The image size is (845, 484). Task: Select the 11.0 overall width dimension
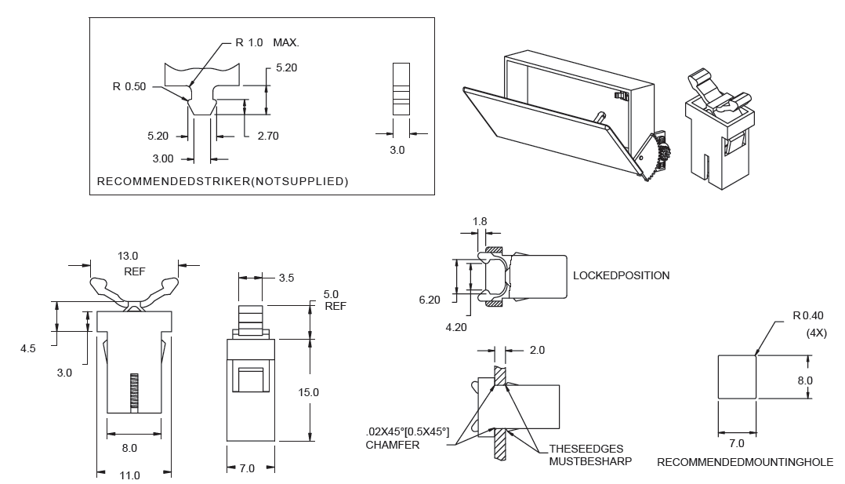pyautogui.click(x=129, y=475)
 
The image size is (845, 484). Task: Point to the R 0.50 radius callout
pyautogui.click(x=129, y=86)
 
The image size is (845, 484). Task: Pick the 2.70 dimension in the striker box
pyautogui.click(x=267, y=136)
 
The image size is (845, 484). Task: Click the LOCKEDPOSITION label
pyautogui.click(x=621, y=276)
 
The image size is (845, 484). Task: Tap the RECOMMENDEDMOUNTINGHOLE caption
pyautogui.click(x=745, y=462)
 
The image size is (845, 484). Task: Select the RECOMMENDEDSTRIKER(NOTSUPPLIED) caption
pyautogui.click(x=222, y=182)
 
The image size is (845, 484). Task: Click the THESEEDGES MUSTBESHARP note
pyautogui.click(x=586, y=454)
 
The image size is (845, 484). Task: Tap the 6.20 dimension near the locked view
pyautogui.click(x=430, y=300)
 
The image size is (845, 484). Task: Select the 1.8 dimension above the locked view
pyautogui.click(x=480, y=221)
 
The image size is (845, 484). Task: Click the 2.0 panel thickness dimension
pyautogui.click(x=537, y=350)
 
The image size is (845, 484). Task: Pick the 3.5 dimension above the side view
pyautogui.click(x=285, y=277)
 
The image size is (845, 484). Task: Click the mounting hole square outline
pyautogui.click(x=738, y=377)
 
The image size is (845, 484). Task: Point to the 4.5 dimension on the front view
pyautogui.click(x=27, y=348)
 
